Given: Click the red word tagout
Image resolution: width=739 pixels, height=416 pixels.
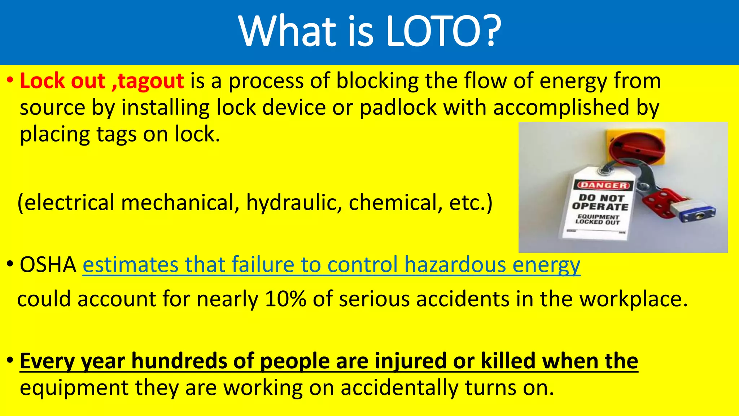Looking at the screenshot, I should (151, 81).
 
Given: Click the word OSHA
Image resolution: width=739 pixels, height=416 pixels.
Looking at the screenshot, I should (48, 265).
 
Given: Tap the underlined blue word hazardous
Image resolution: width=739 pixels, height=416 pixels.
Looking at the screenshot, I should (455, 265).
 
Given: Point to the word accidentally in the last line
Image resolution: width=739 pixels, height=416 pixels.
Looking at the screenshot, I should (399, 388).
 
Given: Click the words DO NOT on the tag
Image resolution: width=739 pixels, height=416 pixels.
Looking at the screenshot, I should (601, 198).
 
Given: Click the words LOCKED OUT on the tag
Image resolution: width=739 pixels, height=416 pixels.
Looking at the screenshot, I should (598, 222).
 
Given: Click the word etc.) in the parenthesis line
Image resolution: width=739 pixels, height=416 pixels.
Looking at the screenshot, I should (471, 203).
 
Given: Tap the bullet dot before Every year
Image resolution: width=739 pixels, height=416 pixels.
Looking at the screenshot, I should (10, 360).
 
